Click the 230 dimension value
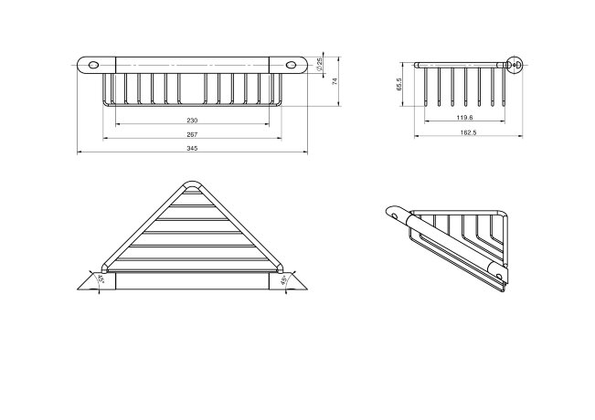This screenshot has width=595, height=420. (x=192, y=121)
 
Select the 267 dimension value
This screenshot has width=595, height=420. (x=192, y=134)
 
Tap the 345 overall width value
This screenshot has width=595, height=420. (x=192, y=149)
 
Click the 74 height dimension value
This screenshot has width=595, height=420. (x=335, y=81)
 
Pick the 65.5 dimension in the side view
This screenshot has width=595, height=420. (x=398, y=85)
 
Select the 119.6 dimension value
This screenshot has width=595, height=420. (x=464, y=118)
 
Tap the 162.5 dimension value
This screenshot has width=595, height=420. (x=468, y=132)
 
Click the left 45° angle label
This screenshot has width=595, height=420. (x=101, y=279)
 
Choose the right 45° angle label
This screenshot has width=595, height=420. (x=283, y=280)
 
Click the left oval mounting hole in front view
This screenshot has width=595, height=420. (x=93, y=65)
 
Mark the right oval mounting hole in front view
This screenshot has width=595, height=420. (x=291, y=65)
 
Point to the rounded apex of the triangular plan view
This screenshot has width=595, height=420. (x=192, y=184)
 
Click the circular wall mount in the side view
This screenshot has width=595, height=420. (x=515, y=65)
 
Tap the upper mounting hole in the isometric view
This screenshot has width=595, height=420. (x=396, y=216)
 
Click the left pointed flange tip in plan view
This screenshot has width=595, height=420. (x=78, y=289)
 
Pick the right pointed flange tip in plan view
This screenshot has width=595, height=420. (x=307, y=289)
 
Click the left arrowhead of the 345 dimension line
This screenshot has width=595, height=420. (x=79, y=152)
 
